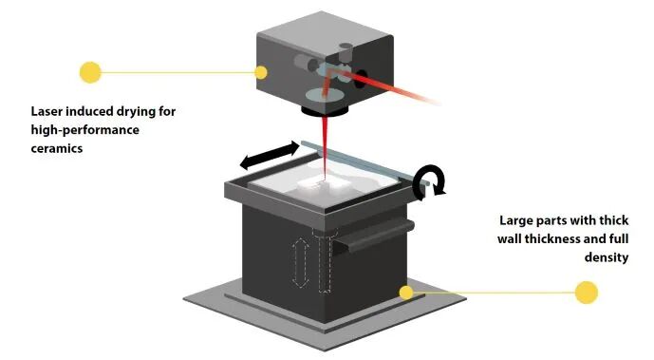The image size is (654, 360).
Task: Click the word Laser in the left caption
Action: [x=47, y=111]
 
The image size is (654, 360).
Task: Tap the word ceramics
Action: [x=57, y=148]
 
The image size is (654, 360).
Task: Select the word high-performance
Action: [x=85, y=130]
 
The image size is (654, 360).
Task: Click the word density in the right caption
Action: [x=606, y=257]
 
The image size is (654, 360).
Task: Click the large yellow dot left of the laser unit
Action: [x=90, y=72]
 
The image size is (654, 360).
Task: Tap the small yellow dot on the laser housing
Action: [x=261, y=72]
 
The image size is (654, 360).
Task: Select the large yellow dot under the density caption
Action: [x=586, y=293]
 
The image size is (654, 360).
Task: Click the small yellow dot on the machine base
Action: [x=406, y=293]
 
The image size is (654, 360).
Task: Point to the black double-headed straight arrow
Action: [x=270, y=156]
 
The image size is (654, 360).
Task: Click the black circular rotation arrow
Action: [x=429, y=181]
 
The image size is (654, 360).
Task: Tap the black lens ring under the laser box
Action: [x=326, y=111]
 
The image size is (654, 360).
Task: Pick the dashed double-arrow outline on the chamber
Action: [x=300, y=263]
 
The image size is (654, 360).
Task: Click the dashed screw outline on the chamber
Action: [x=325, y=259]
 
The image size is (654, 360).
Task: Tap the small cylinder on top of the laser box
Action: [x=346, y=51]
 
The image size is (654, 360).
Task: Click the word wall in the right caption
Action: [x=510, y=239]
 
